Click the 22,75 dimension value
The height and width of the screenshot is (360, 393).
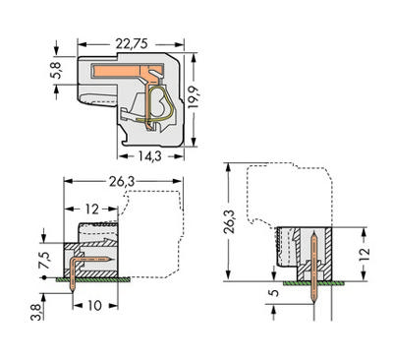(132, 44)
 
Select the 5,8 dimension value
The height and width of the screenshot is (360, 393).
(56, 70)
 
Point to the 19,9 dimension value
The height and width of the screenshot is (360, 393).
(194, 97)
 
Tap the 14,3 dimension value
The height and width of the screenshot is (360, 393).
(149, 156)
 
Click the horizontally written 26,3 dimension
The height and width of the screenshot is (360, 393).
(122, 181)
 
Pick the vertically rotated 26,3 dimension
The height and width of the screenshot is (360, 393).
(229, 222)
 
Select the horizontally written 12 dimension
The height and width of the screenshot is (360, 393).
(91, 209)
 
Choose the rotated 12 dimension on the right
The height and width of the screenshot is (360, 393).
(364, 254)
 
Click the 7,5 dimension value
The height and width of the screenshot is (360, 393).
(44, 261)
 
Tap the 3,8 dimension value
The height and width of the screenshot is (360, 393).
(36, 312)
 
